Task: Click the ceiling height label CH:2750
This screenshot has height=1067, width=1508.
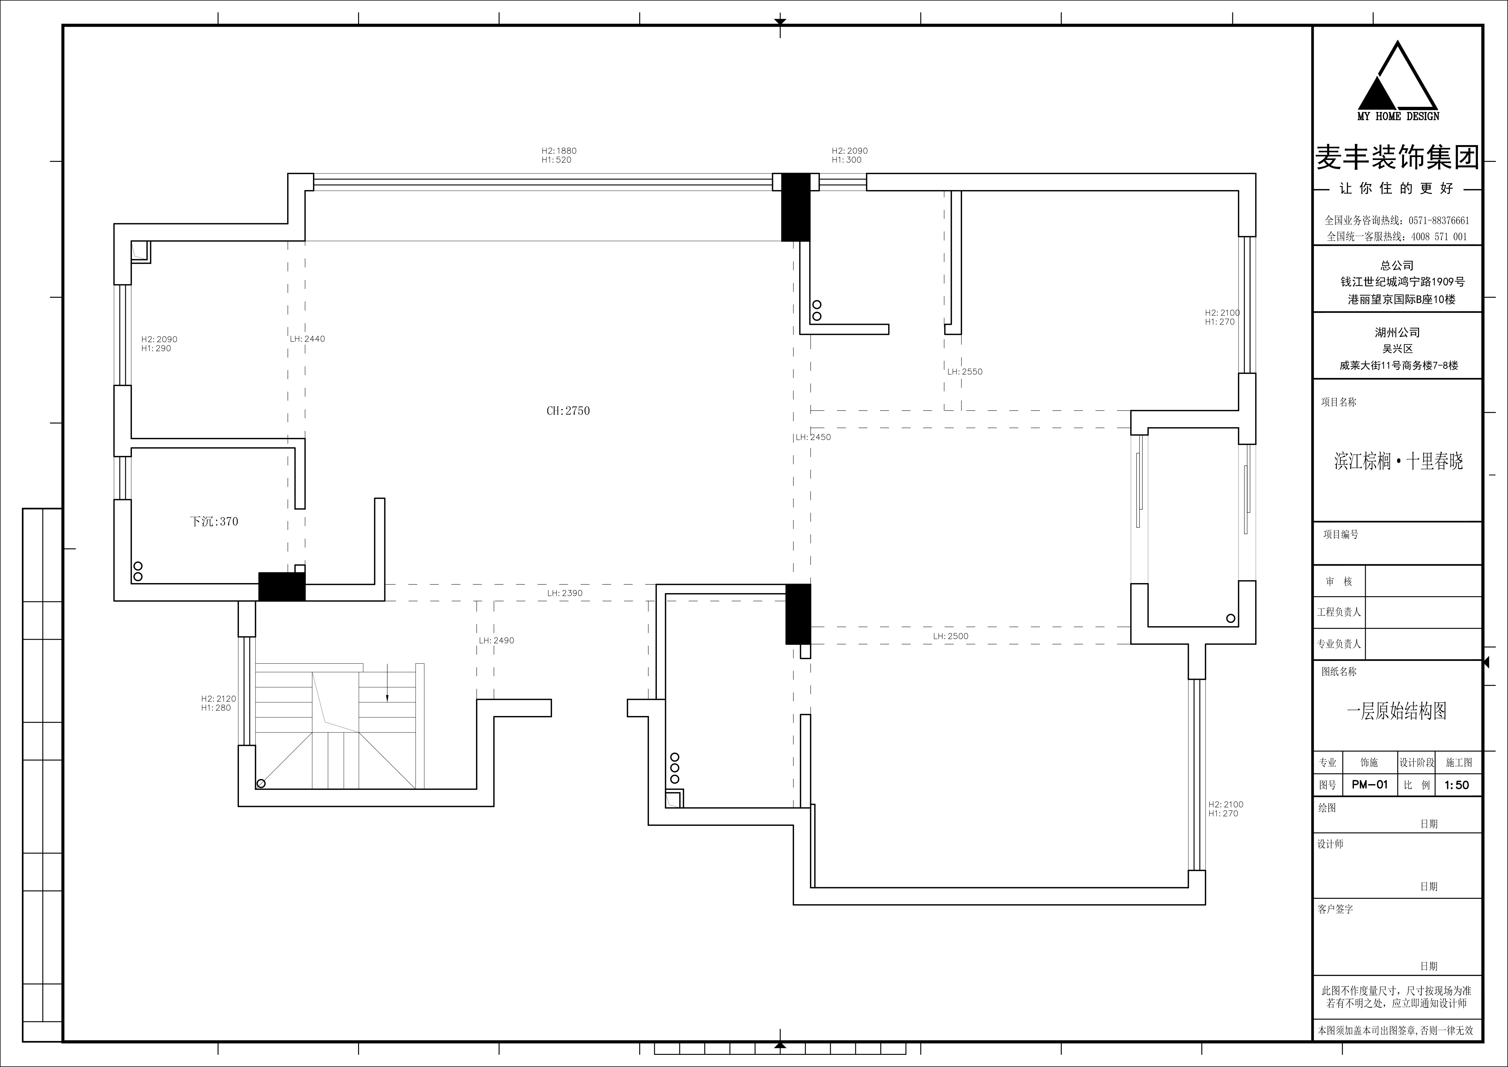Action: (x=568, y=411)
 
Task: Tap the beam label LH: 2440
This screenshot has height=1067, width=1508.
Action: (x=307, y=339)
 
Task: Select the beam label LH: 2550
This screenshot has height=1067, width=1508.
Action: (x=965, y=372)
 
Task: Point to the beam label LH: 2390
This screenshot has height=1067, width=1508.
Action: (x=565, y=593)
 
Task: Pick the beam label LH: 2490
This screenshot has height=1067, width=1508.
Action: (x=497, y=641)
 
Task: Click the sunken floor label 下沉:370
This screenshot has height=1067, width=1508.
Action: (x=214, y=522)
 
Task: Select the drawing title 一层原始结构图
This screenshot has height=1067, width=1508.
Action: (x=1397, y=711)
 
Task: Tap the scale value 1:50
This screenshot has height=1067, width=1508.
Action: (x=1457, y=785)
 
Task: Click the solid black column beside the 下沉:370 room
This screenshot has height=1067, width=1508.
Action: (x=282, y=587)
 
